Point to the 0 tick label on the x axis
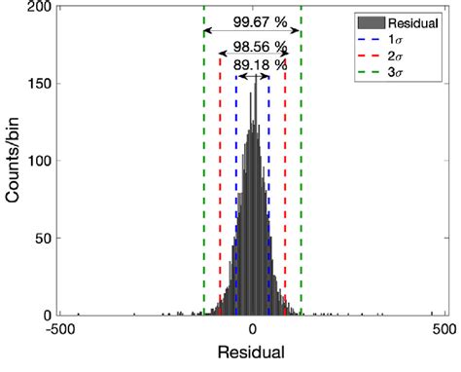pos(253,329)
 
